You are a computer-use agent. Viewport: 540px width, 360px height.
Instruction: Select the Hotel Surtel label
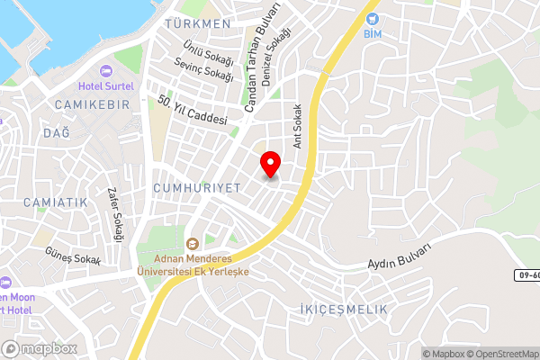pos(105,86)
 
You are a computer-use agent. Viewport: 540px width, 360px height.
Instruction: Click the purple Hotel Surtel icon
pos(106,70)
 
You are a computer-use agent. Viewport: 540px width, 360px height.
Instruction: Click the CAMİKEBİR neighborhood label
pos(92,105)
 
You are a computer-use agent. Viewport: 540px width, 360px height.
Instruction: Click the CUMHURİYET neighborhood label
pos(197,186)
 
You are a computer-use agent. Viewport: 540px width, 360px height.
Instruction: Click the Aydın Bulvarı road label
pos(400,256)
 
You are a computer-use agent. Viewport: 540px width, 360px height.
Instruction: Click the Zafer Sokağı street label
pos(113,214)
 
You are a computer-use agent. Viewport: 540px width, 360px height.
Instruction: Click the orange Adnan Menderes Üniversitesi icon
pos(192,243)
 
